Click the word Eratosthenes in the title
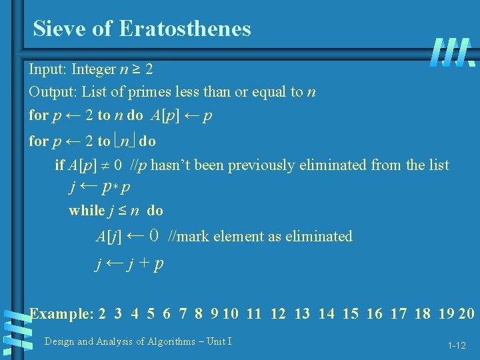[185, 29]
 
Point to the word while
[87, 211]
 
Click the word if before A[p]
[59, 165]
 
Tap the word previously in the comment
[263, 165]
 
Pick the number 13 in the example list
[301, 313]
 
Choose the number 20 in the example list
[466, 313]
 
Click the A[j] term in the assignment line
[109, 237]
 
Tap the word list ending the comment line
[439, 165]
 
